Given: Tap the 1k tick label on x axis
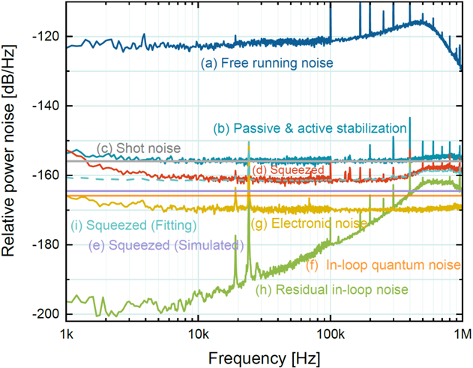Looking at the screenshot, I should click(x=66, y=331).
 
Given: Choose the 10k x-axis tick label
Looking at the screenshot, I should click(x=198, y=331).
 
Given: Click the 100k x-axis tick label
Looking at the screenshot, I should click(x=331, y=331).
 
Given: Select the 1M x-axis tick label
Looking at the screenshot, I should click(x=461, y=331).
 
